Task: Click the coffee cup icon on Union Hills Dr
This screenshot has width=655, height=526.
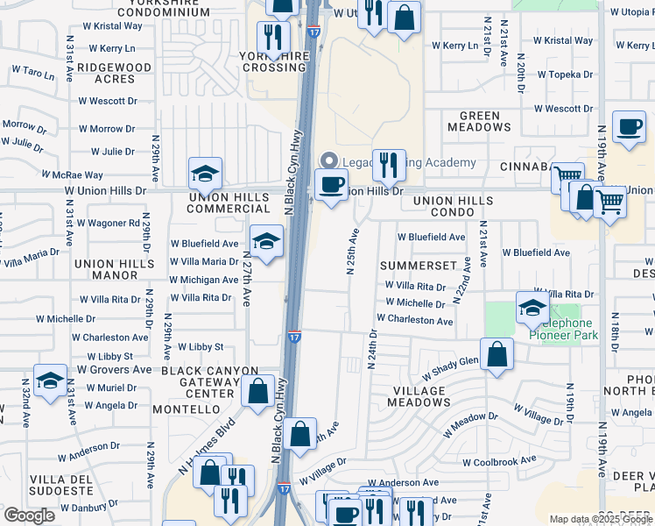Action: [330, 185]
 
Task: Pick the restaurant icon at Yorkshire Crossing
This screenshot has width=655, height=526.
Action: [272, 38]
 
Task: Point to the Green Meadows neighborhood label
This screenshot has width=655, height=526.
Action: [480, 122]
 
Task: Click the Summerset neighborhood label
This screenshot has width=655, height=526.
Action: [419, 265]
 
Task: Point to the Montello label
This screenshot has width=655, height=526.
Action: [185, 409]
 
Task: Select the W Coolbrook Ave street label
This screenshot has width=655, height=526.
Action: [499, 461]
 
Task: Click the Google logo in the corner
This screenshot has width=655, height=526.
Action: [30, 515]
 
